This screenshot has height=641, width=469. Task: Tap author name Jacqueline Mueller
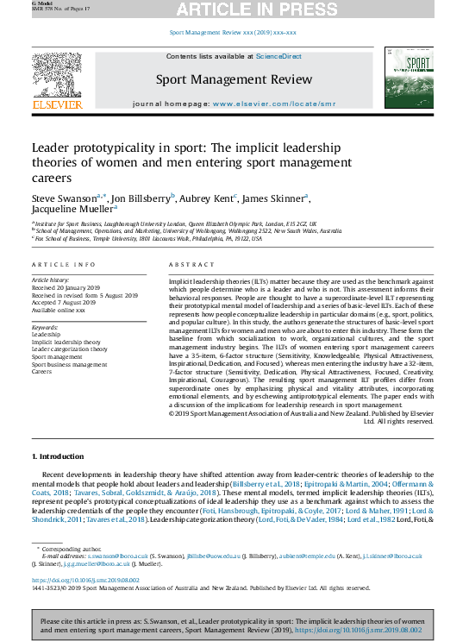tap(72, 210)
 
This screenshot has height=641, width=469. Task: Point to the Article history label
tap(52, 281)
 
